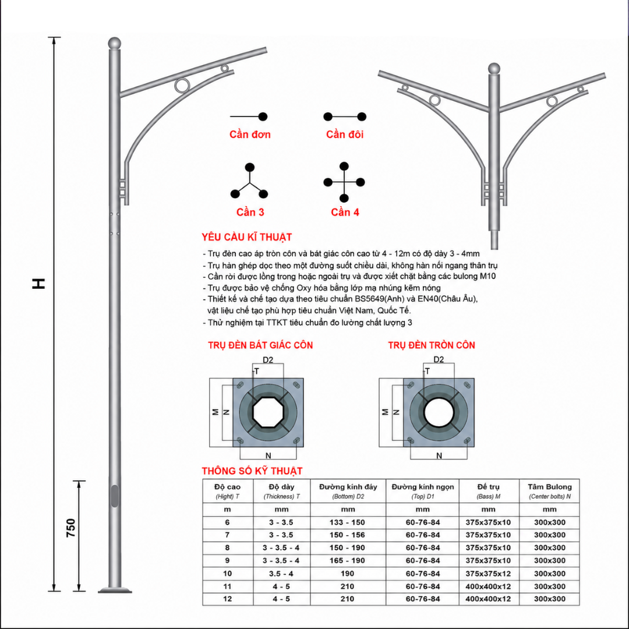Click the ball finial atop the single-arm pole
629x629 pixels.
click(x=115, y=43)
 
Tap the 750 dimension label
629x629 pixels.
click(x=70, y=528)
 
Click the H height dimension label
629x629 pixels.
click(x=39, y=284)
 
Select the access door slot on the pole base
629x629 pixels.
click(x=115, y=496)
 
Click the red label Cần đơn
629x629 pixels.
click(x=250, y=135)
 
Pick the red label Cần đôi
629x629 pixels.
click(x=345, y=135)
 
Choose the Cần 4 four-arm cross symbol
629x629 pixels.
click(x=344, y=182)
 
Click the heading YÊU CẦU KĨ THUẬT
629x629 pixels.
click(x=247, y=237)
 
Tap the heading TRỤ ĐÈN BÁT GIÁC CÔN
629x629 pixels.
click(x=260, y=345)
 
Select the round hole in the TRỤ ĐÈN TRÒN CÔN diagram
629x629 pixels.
click(x=439, y=412)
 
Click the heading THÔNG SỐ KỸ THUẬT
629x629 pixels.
click(x=252, y=471)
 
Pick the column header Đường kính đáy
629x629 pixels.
click(x=348, y=487)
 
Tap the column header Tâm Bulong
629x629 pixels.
click(x=550, y=487)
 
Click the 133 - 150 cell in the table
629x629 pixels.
click(x=347, y=522)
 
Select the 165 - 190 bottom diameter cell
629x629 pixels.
click(x=347, y=561)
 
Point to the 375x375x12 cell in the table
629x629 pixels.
click(x=488, y=574)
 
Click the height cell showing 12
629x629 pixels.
click(x=228, y=599)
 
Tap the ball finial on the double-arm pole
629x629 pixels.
click(x=494, y=68)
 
